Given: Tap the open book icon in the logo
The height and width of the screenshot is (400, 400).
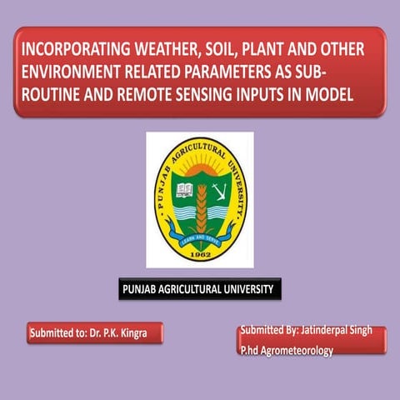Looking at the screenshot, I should click(185, 191).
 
